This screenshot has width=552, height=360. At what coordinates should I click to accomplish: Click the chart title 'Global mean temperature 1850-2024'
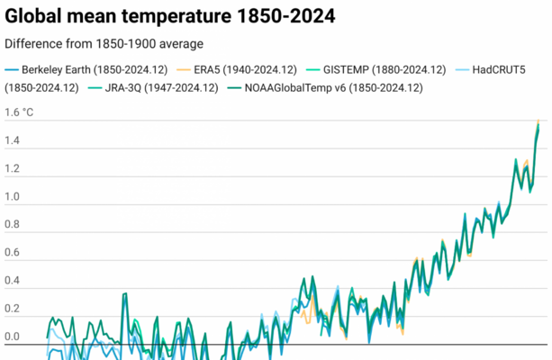click(x=170, y=17)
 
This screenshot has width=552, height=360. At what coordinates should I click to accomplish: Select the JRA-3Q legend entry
click(x=156, y=87)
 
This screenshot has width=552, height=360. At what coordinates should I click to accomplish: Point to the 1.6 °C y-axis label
click(x=20, y=113)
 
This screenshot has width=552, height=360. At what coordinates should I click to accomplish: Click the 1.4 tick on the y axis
click(x=13, y=141)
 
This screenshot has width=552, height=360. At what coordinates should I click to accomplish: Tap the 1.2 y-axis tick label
click(x=13, y=170)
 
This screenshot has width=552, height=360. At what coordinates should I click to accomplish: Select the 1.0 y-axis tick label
click(x=13, y=198)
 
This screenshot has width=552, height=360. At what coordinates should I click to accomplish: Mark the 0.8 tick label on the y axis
click(x=13, y=226)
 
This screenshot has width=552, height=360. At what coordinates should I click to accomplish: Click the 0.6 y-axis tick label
click(x=13, y=254)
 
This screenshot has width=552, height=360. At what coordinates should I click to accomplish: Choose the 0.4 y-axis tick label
click(x=13, y=282)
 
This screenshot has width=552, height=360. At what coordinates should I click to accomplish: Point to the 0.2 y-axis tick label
click(x=13, y=310)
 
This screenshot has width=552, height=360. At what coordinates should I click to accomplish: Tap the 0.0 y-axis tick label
click(x=13, y=337)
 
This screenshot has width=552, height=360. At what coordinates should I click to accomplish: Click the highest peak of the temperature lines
click(x=538, y=121)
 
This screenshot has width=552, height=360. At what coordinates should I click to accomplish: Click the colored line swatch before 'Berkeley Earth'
click(x=11, y=69)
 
